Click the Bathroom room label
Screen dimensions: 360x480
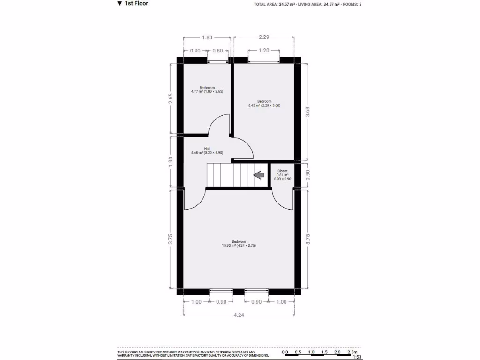coord(207,88)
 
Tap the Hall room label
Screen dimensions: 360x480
coord(207,149)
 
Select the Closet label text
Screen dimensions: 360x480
coord(283,171)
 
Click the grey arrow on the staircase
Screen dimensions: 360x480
coord(258,175)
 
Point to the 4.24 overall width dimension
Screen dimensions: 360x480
coord(239,315)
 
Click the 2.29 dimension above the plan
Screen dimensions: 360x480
coord(264,37)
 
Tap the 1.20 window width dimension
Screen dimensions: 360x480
coord(264,51)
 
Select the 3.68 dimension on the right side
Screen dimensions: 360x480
coord(308,112)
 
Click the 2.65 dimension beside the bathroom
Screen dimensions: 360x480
coord(171,98)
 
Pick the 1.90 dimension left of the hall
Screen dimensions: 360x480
coord(171,161)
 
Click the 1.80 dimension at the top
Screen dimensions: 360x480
coord(207,37)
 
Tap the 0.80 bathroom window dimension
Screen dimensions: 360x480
coord(217,51)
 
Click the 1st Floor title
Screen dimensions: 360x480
coord(136,4)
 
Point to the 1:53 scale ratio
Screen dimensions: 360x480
coord(357,357)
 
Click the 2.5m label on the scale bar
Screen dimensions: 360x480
coord(352,352)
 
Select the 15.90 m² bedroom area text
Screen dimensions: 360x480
coord(239,246)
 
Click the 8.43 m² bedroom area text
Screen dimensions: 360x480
coord(264,105)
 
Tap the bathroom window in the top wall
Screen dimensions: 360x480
coord(217,60)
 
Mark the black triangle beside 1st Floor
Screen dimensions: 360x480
coord(120,4)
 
